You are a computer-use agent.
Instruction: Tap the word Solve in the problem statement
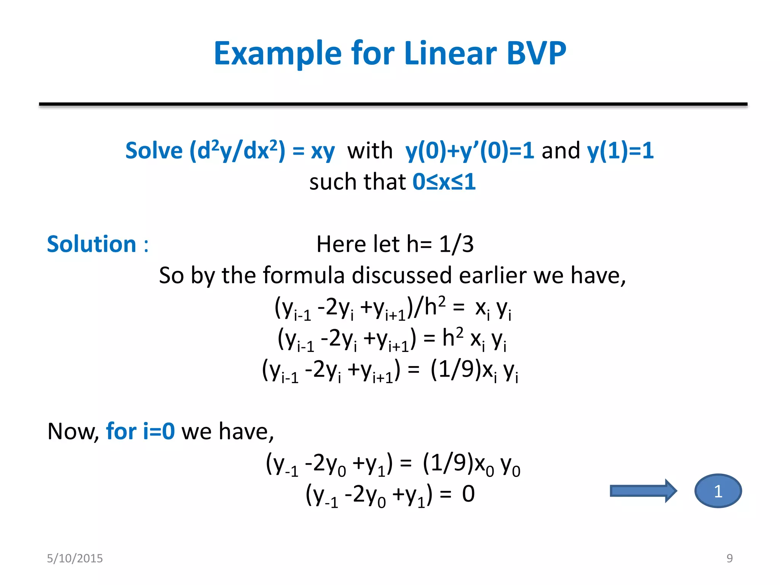click(154, 150)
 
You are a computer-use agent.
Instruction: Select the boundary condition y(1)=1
click(620, 150)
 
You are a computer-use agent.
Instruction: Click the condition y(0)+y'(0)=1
click(470, 150)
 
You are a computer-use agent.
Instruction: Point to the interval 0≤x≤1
click(444, 182)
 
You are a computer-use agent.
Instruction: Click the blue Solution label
click(92, 244)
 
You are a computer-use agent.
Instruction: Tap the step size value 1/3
click(456, 244)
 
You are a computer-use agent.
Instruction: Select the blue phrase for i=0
click(140, 432)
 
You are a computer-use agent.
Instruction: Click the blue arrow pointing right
click(643, 491)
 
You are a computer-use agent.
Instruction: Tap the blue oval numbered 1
click(718, 491)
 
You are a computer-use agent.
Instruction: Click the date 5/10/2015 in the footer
click(75, 558)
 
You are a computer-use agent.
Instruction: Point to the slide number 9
click(729, 558)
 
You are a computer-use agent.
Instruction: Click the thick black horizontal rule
click(393, 104)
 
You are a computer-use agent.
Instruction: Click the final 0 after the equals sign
click(468, 494)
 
